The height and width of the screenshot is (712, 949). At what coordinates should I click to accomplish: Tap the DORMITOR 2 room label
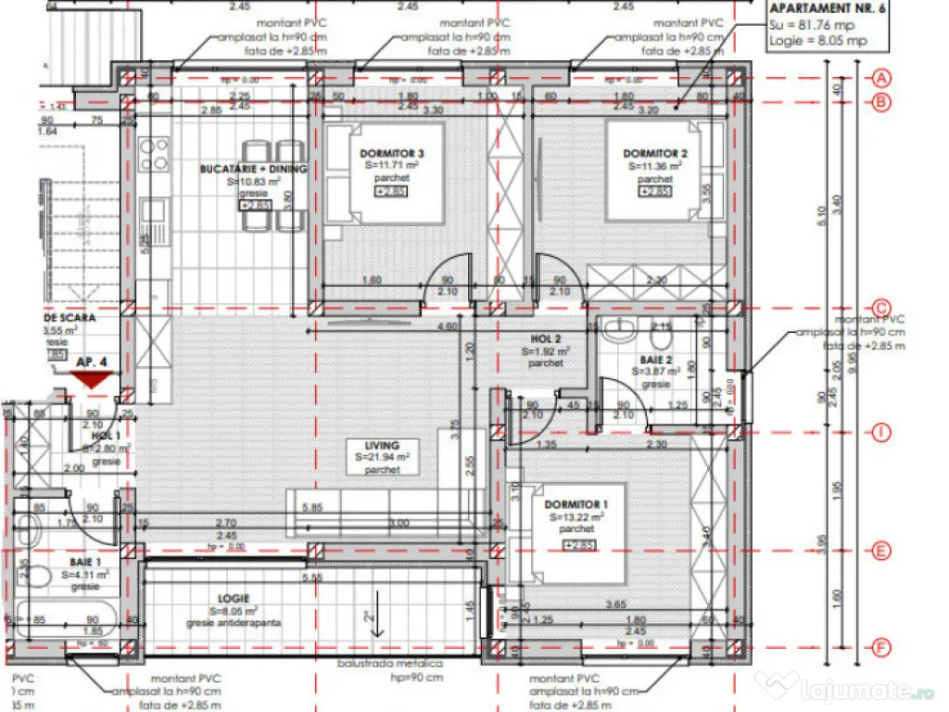[654, 153]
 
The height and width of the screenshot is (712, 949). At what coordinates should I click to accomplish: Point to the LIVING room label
[383, 445]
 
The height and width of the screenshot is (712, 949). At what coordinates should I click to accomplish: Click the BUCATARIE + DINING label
[253, 169]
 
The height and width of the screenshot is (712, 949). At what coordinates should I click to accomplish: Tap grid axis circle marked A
[882, 78]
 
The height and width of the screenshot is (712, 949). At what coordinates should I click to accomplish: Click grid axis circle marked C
[882, 309]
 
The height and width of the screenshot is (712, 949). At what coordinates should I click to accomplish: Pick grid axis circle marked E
[882, 551]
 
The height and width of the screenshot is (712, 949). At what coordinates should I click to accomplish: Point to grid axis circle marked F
[882, 646]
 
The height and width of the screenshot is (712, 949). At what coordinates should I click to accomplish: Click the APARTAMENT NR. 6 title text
[825, 10]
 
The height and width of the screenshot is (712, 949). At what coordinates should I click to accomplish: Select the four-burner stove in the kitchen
[154, 154]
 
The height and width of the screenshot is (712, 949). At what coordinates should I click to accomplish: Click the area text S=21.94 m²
[383, 458]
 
